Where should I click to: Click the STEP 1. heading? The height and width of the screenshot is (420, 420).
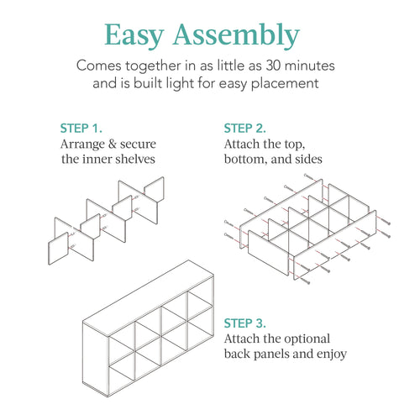pos(81,129)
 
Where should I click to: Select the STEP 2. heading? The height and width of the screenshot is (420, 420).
pos(244,129)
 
